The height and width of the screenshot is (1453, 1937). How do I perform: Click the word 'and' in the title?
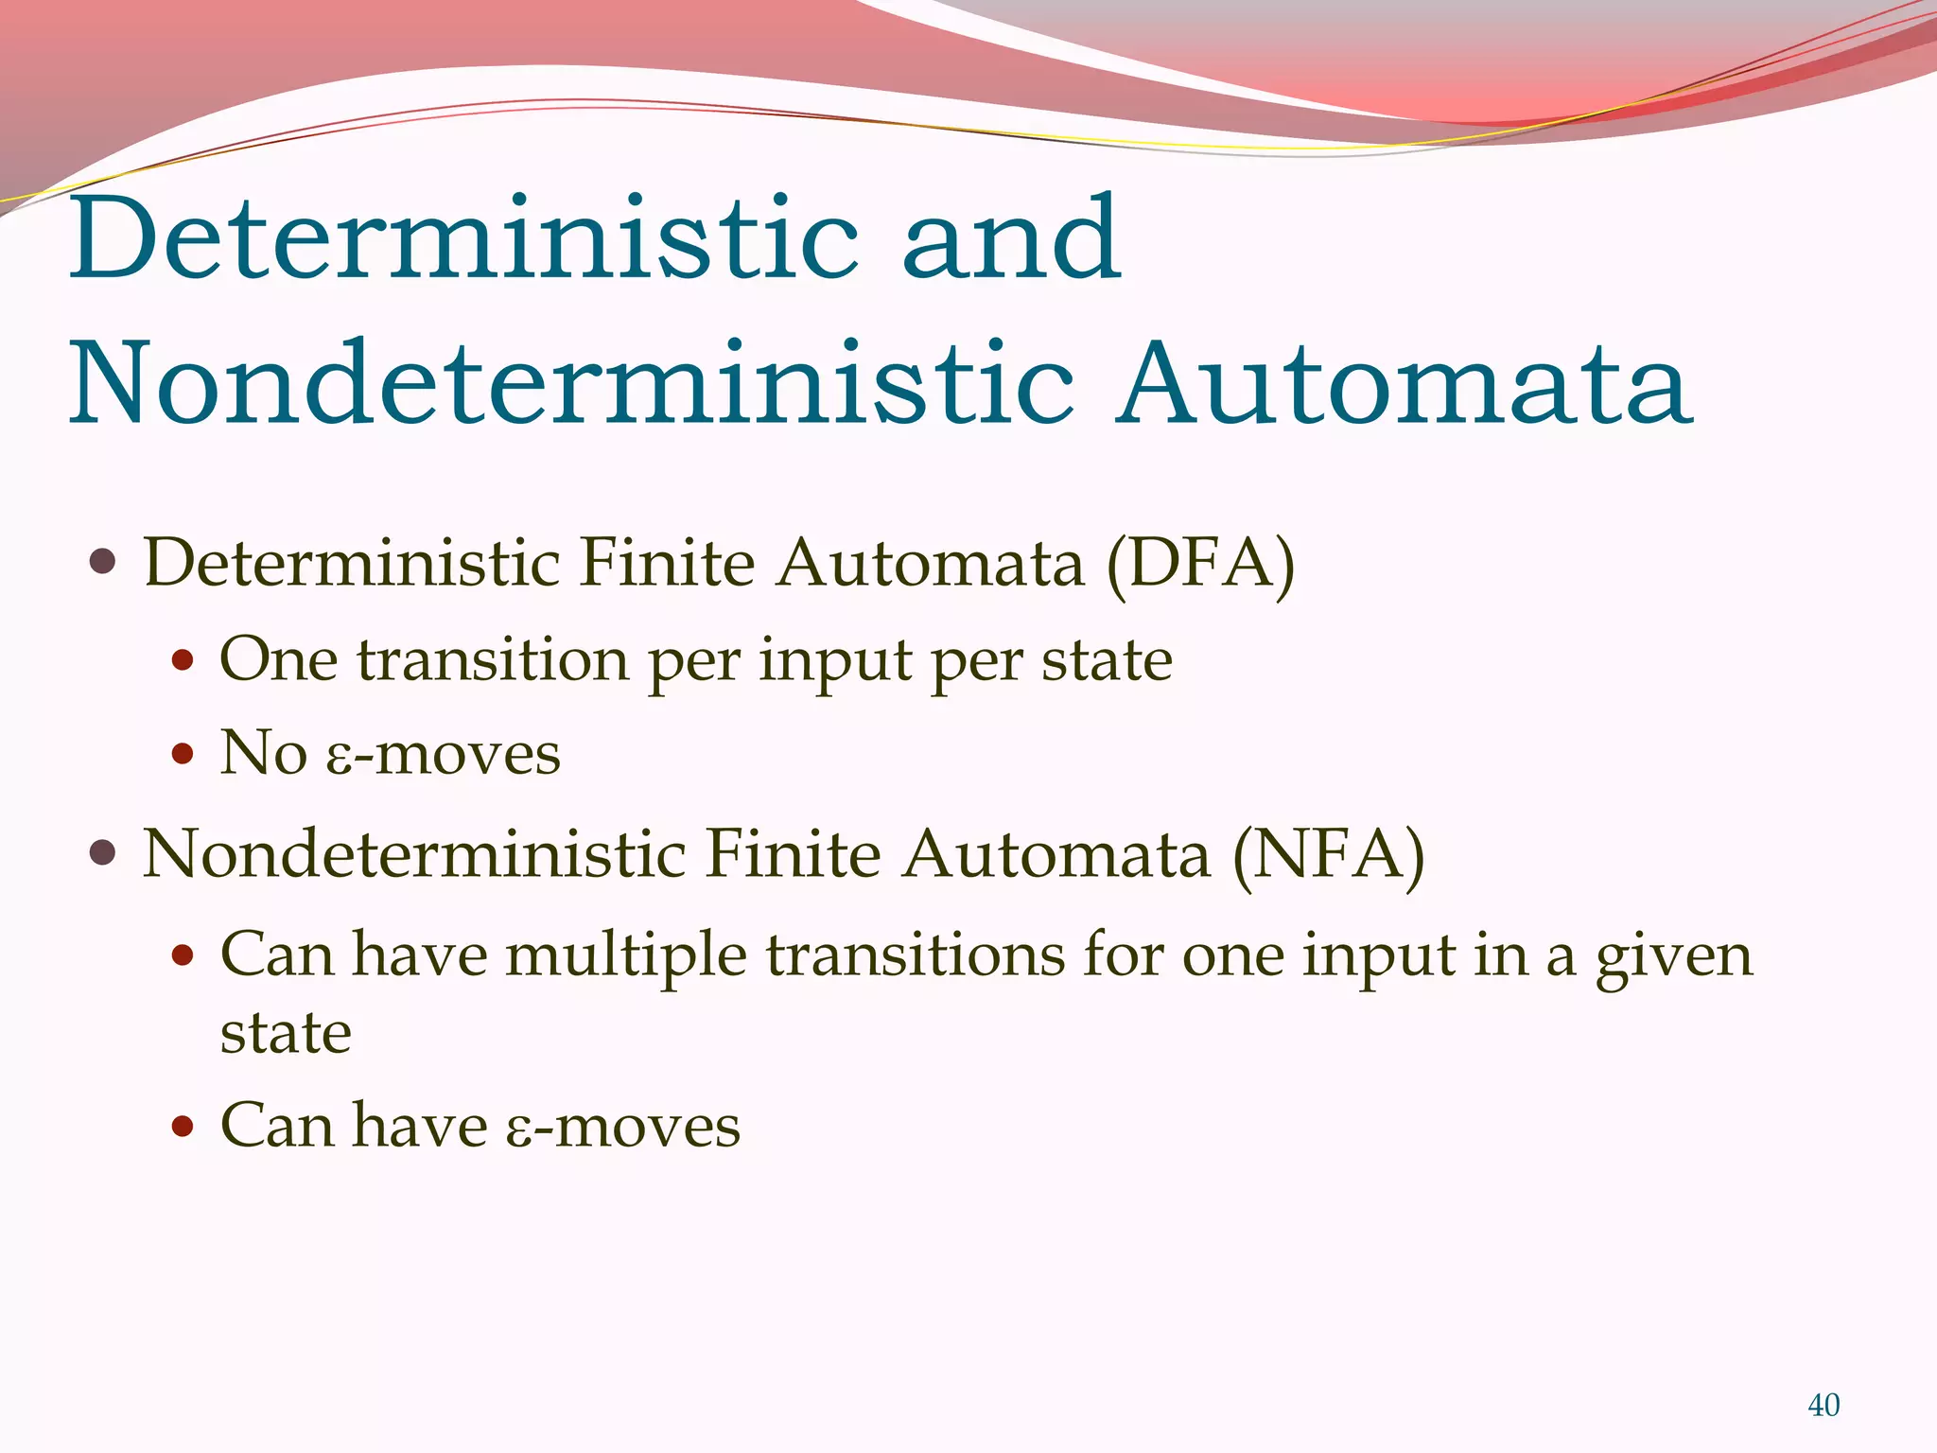click(x=1011, y=238)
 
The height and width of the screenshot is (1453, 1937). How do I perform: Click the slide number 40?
click(x=1823, y=1405)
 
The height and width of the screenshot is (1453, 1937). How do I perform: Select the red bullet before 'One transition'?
click(x=183, y=659)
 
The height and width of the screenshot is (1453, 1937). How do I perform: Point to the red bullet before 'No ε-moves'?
click(x=183, y=754)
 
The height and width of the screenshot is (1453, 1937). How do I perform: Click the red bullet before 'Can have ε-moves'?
click(x=183, y=1127)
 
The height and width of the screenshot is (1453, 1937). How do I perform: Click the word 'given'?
click(x=1674, y=955)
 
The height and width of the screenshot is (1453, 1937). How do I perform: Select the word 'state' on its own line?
click(x=286, y=1033)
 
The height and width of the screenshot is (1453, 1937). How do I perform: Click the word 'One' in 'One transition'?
click(x=278, y=659)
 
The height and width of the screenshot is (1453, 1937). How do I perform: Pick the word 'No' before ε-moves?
click(x=263, y=754)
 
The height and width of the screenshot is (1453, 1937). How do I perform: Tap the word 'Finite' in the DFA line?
click(x=668, y=564)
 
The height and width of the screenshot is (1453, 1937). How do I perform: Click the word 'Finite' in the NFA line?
click(x=794, y=855)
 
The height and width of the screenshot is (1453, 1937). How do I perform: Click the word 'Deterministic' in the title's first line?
click(x=464, y=238)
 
